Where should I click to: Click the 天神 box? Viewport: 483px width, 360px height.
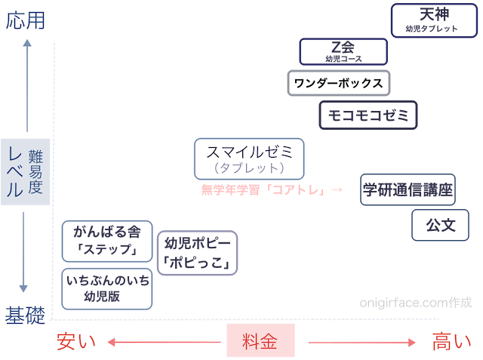[435, 20]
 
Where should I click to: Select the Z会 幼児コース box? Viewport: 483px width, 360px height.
[343, 51]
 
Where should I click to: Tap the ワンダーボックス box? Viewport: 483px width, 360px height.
[339, 83]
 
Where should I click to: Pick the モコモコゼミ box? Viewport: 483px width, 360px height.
[368, 115]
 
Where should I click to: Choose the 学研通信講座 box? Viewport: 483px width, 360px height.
[408, 189]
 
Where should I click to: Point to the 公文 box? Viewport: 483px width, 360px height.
[441, 225]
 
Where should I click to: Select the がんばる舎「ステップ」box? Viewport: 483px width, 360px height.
[106, 241]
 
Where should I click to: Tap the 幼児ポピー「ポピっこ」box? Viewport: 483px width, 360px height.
[196, 253]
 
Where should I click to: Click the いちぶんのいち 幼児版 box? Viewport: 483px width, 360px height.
[106, 288]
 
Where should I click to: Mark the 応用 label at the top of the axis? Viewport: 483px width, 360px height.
[25, 20]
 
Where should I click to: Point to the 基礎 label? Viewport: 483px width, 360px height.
[25, 315]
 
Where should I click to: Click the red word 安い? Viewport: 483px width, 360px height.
[76, 342]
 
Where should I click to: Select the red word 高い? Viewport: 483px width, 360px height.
[452, 342]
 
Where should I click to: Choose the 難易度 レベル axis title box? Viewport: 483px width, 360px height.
[25, 172]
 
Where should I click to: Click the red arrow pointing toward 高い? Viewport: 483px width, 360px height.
[362, 343]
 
